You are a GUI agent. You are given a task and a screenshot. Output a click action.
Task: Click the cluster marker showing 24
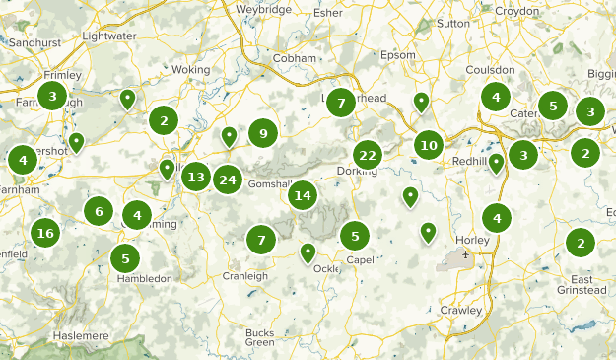(228, 180)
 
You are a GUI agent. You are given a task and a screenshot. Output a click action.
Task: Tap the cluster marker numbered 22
(368, 155)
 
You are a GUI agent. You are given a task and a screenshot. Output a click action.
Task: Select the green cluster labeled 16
(43, 233)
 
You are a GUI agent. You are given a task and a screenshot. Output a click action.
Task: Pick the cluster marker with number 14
(303, 195)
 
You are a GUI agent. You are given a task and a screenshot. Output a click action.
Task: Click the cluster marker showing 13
(196, 178)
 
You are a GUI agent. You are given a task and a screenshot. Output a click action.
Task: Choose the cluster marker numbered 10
(428, 146)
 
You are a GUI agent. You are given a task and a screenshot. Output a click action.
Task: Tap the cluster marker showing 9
(263, 133)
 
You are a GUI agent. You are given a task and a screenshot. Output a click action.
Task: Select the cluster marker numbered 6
(98, 210)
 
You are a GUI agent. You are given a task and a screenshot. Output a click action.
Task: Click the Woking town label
(191, 70)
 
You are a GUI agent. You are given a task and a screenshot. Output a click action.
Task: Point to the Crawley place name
(461, 310)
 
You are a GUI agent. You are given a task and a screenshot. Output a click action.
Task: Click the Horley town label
(473, 240)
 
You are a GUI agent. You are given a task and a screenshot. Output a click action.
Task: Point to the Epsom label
(398, 54)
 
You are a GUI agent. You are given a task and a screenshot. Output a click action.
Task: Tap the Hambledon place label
(144, 279)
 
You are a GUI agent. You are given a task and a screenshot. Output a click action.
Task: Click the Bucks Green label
(260, 337)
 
